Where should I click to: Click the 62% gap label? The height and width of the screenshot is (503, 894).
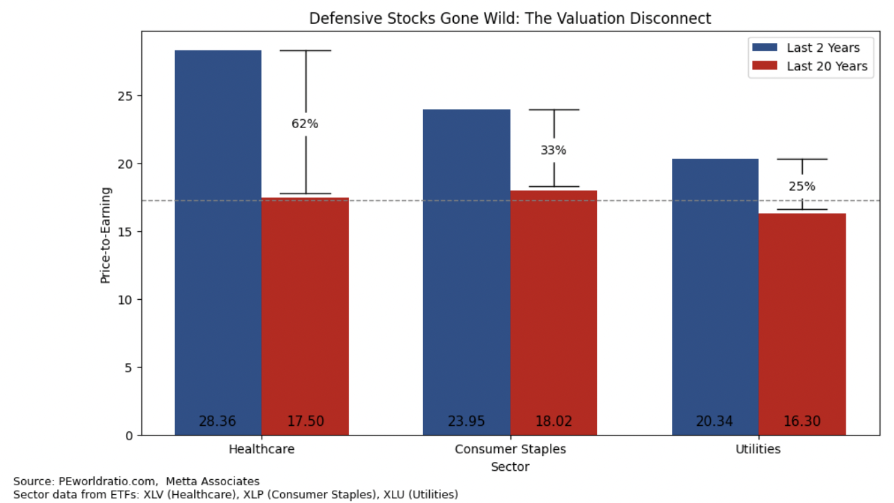[305, 124]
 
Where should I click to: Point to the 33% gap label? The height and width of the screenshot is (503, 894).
[553, 151]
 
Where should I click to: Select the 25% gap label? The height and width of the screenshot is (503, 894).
[802, 187]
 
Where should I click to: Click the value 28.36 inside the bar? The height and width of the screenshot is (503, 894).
[217, 421]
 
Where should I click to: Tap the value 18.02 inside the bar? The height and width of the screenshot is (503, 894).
[553, 421]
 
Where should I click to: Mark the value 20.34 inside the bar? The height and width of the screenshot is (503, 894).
[714, 421]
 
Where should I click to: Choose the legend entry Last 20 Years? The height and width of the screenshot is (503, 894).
[827, 66]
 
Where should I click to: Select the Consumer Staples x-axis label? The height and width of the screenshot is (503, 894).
[510, 450]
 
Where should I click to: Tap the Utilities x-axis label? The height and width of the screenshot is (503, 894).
[758, 450]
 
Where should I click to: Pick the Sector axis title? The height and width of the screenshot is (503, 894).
[510, 467]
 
